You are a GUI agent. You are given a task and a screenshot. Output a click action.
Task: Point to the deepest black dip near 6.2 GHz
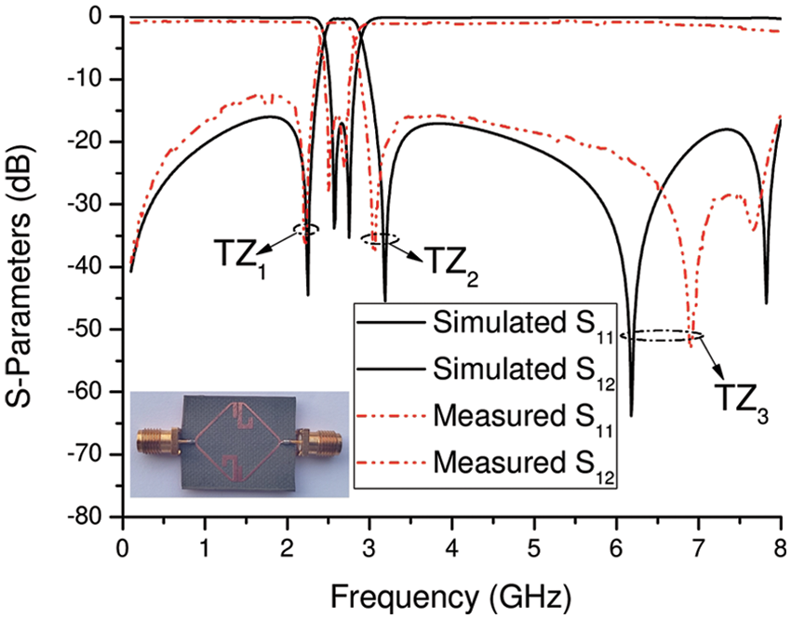(x=631, y=414)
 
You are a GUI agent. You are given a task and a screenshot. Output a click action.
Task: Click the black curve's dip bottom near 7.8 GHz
(x=766, y=302)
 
